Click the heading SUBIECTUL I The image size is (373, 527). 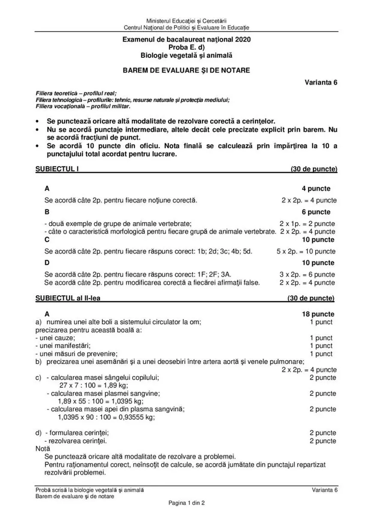[x=57, y=169]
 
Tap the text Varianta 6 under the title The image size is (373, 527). [x=321, y=82]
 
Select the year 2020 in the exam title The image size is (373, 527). [x=243, y=39]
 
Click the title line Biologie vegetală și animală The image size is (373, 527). [x=186, y=55]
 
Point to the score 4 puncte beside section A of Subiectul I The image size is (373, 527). [x=316, y=189]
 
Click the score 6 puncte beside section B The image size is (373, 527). [x=316, y=212]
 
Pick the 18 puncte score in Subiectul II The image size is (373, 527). [x=318, y=314]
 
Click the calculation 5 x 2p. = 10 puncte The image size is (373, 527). [x=306, y=252]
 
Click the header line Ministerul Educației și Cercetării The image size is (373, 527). [x=186, y=21]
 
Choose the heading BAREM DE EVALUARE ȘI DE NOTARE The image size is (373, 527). [x=186, y=70]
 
